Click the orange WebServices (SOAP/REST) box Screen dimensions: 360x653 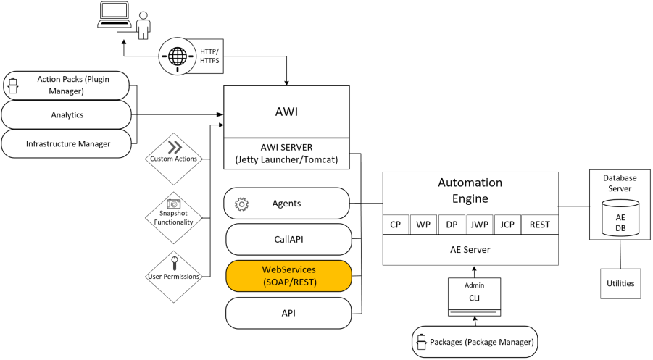288,275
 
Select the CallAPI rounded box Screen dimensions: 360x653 288,240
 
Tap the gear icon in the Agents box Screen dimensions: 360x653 241,204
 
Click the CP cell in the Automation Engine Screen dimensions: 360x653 396,225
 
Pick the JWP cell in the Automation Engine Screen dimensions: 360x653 479,225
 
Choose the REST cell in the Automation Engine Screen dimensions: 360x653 540,225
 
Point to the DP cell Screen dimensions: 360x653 451,225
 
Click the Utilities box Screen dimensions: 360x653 620,283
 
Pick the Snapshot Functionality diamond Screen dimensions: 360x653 173,213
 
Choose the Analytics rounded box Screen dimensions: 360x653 67,114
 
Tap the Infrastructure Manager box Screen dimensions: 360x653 67,143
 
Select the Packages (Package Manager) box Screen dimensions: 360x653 476,340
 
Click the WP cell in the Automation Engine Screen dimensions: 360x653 423,225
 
